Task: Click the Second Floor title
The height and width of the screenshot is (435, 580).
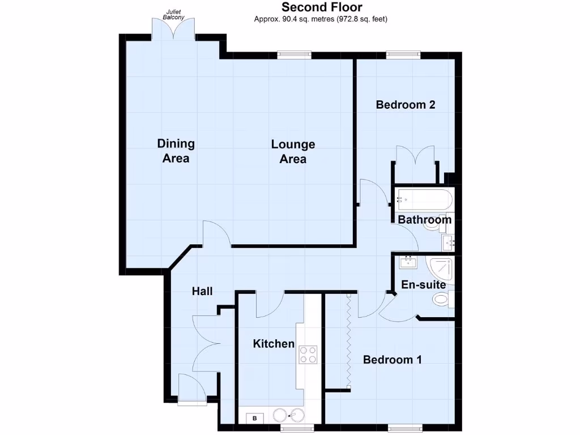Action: (322, 7)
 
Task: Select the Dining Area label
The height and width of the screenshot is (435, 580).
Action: (176, 151)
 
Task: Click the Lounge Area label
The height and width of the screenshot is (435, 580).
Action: (293, 151)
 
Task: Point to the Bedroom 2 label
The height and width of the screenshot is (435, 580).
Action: (406, 105)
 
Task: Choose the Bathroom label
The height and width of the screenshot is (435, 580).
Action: (424, 220)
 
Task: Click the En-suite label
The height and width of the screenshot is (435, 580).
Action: (423, 284)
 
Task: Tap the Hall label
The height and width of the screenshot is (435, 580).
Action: (202, 291)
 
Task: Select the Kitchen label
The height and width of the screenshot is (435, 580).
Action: (274, 344)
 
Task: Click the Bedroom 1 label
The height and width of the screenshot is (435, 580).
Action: (393, 360)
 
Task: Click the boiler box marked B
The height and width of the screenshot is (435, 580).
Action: (254, 419)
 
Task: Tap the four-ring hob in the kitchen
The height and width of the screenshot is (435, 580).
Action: (308, 355)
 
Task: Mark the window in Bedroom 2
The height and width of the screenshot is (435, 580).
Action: (403, 55)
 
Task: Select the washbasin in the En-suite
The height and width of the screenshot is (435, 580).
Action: (408, 262)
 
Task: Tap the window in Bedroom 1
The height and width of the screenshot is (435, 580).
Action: (404, 427)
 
